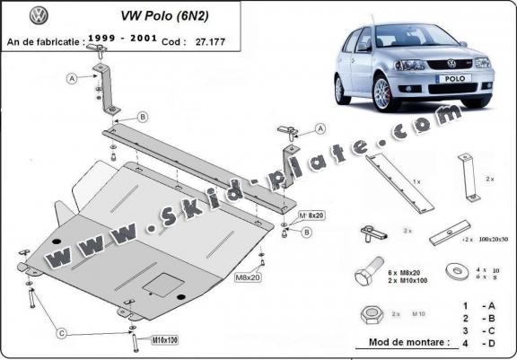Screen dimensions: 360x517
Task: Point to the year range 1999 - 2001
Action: coord(127,40)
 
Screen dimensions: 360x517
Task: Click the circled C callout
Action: coord(63,333)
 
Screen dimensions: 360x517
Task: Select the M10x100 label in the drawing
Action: coord(165,340)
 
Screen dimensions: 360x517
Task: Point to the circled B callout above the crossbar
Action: coord(141,118)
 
